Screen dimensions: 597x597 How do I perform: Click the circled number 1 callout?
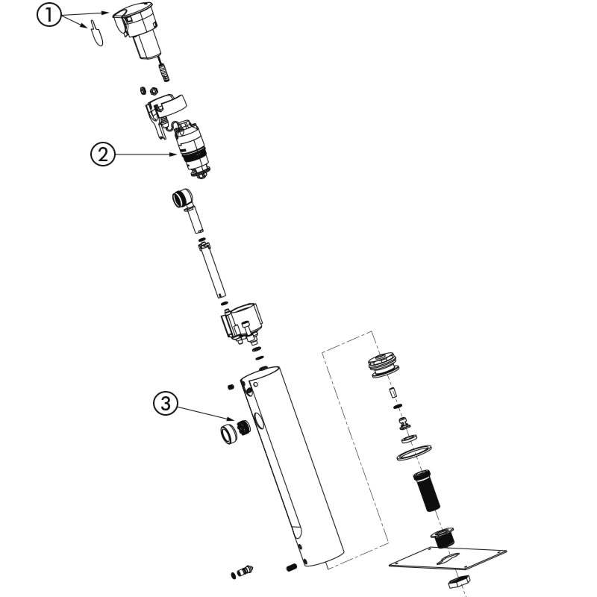coord(49,15)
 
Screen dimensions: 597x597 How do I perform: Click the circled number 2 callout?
coord(102,154)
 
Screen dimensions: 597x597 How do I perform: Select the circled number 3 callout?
coord(165,404)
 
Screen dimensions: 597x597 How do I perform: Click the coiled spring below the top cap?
coord(163,72)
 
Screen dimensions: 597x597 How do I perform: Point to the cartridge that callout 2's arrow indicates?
coord(193,149)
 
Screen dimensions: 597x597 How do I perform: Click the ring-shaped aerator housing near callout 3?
coord(229,434)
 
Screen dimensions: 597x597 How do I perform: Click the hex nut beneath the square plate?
coord(459,581)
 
